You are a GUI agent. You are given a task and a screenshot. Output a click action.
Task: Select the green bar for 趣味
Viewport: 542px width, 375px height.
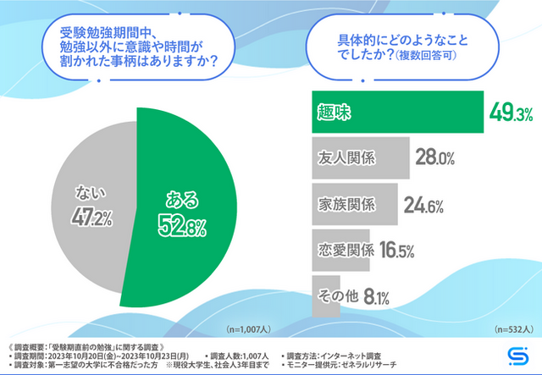coord(390,112)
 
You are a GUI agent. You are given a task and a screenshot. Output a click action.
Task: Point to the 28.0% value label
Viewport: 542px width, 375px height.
coord(436,158)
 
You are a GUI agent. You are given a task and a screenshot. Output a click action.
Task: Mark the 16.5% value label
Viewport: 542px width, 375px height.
coord(395,251)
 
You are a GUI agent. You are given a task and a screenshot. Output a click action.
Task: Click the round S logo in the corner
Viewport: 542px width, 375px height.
coord(518,354)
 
